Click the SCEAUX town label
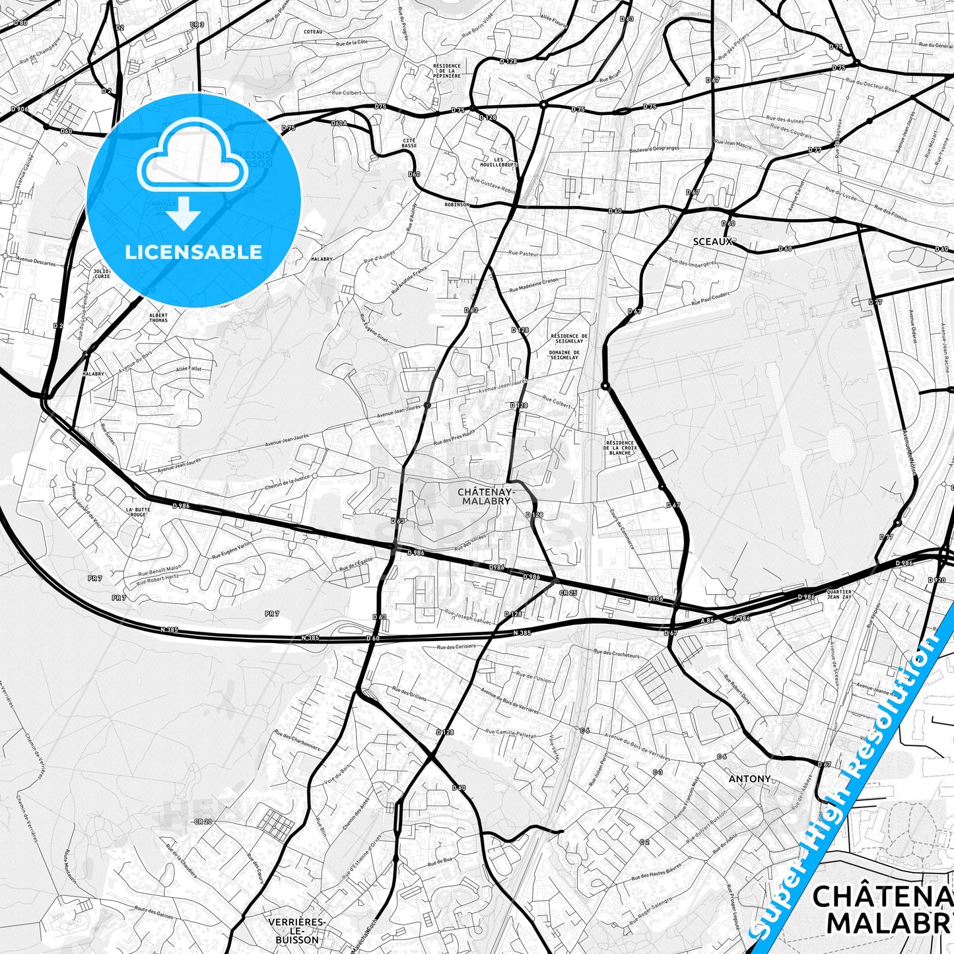712,242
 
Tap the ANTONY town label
749,779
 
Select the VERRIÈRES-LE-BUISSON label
296,930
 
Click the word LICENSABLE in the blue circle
193,252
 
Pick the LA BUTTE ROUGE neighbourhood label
138,512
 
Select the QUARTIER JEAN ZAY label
838,595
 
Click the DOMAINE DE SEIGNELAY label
564,354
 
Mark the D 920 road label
936,580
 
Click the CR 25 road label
568,593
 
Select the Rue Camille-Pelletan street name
510,733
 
